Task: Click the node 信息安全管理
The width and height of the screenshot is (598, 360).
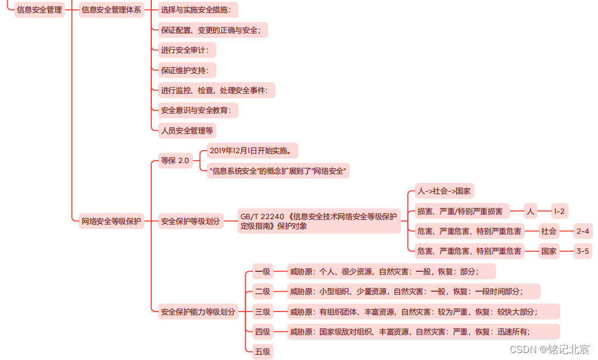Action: pos(40,10)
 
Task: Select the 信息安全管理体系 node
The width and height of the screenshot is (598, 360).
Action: pos(111,10)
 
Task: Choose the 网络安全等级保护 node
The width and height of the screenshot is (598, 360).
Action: pos(111,221)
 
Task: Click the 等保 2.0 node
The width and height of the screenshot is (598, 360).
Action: pos(175,161)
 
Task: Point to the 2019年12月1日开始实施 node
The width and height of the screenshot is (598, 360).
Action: pos(253,151)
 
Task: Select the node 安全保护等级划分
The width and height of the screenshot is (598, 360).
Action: pos(190,221)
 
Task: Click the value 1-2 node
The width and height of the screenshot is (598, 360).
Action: pos(559,211)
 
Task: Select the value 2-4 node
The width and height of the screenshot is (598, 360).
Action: pos(582,231)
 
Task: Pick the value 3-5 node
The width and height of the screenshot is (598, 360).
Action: pos(582,251)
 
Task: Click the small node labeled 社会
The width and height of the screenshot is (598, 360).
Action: pos(548,231)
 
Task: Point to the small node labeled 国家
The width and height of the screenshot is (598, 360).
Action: pos(548,251)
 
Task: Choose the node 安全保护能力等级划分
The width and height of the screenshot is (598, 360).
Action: pos(199,312)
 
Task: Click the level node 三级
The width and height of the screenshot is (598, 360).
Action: pos(262,311)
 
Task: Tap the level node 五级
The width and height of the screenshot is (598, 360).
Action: pos(262,352)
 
